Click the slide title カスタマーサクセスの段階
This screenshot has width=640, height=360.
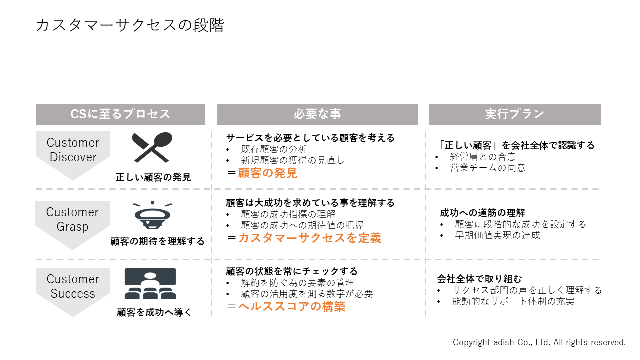[130, 25]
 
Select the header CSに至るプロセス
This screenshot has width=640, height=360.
[120, 114]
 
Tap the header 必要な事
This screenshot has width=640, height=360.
[317, 114]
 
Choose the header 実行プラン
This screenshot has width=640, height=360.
[515, 114]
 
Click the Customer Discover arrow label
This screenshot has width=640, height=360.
[73, 150]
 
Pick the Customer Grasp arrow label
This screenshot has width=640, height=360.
[72, 219]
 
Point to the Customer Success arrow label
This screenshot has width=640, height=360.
[73, 286]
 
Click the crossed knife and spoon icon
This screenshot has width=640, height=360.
[152, 147]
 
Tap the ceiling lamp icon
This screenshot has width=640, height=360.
[153, 215]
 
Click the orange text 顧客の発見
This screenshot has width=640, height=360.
[267, 173]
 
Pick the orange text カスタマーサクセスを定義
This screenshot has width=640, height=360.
[310, 238]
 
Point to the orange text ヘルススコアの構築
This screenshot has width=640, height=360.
[292, 306]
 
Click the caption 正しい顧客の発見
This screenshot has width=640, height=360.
[153, 177]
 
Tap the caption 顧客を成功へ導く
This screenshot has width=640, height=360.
[154, 312]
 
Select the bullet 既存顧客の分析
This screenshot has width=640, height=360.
[274, 149]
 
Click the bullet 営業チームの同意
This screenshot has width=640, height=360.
[488, 168]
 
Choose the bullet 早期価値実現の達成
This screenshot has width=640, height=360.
[497, 235]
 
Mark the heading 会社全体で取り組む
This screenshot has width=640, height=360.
[479, 279]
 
